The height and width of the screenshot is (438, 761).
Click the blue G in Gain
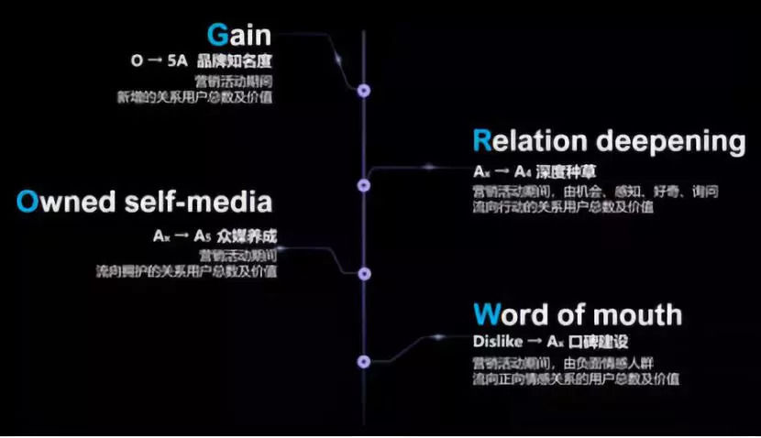(x=218, y=37)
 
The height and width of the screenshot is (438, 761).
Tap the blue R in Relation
(x=482, y=141)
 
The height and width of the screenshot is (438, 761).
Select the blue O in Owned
(x=27, y=202)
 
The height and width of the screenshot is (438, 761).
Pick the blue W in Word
(x=485, y=315)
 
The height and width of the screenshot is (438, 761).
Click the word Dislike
(x=497, y=341)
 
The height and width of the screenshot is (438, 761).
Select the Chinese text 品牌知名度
(x=242, y=62)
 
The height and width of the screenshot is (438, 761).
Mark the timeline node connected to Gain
(x=364, y=90)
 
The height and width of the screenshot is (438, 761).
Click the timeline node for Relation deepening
(x=364, y=186)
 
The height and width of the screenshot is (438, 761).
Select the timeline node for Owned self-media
(x=364, y=273)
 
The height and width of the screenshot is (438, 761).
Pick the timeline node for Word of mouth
(x=364, y=361)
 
